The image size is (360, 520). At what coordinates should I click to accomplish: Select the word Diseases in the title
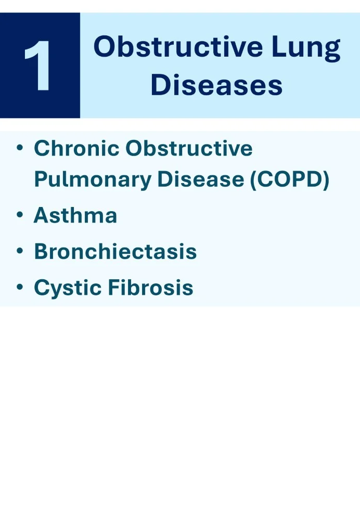pos(217,85)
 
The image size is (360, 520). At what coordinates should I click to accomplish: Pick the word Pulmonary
pos(92,180)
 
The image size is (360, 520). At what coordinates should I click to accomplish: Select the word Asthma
pos(75,215)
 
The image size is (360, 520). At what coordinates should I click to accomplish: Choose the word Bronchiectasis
pos(115,251)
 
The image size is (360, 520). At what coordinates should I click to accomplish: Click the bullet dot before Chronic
pos(20,148)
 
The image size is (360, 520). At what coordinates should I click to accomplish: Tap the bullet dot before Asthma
pos(20,215)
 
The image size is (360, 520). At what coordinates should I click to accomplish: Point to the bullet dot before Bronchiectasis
pos(20,251)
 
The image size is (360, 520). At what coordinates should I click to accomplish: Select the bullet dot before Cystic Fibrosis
pos(20,287)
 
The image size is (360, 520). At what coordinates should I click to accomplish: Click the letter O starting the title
pos(105,48)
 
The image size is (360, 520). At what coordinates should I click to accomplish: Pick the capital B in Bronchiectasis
pos(42,251)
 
